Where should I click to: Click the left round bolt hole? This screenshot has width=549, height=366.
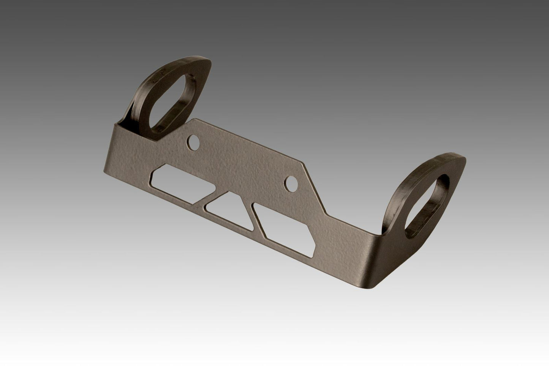[x=194, y=142]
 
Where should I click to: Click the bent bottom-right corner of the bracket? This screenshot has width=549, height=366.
[x=376, y=286]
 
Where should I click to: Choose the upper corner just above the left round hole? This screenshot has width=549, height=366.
[x=196, y=119]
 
